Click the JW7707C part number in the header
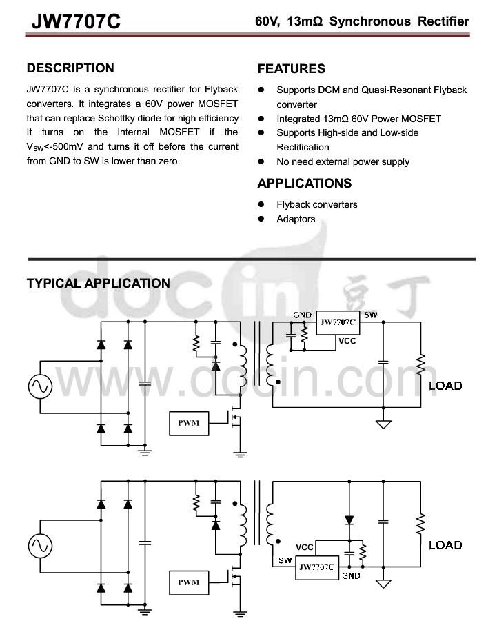[x=76, y=21]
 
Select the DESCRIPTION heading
[x=70, y=68]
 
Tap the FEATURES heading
[x=292, y=69]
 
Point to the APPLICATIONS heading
[x=305, y=184]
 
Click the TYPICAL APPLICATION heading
[x=99, y=284]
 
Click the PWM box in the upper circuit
[x=189, y=423]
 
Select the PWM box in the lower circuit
[x=189, y=582]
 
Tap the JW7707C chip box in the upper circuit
[x=338, y=323]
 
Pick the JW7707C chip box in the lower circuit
[x=317, y=567]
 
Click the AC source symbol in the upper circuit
[x=40, y=386]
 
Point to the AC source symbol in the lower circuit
[x=40, y=546]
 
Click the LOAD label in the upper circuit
[x=445, y=386]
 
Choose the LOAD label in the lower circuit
[x=445, y=545]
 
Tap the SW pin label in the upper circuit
[x=371, y=315]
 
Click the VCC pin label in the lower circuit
[x=305, y=547]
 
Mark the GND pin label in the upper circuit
[x=303, y=315]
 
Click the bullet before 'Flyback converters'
[x=261, y=204]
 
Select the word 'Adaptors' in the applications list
[x=296, y=219]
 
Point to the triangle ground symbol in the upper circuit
[x=383, y=424]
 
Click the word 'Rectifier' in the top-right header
[x=443, y=21]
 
